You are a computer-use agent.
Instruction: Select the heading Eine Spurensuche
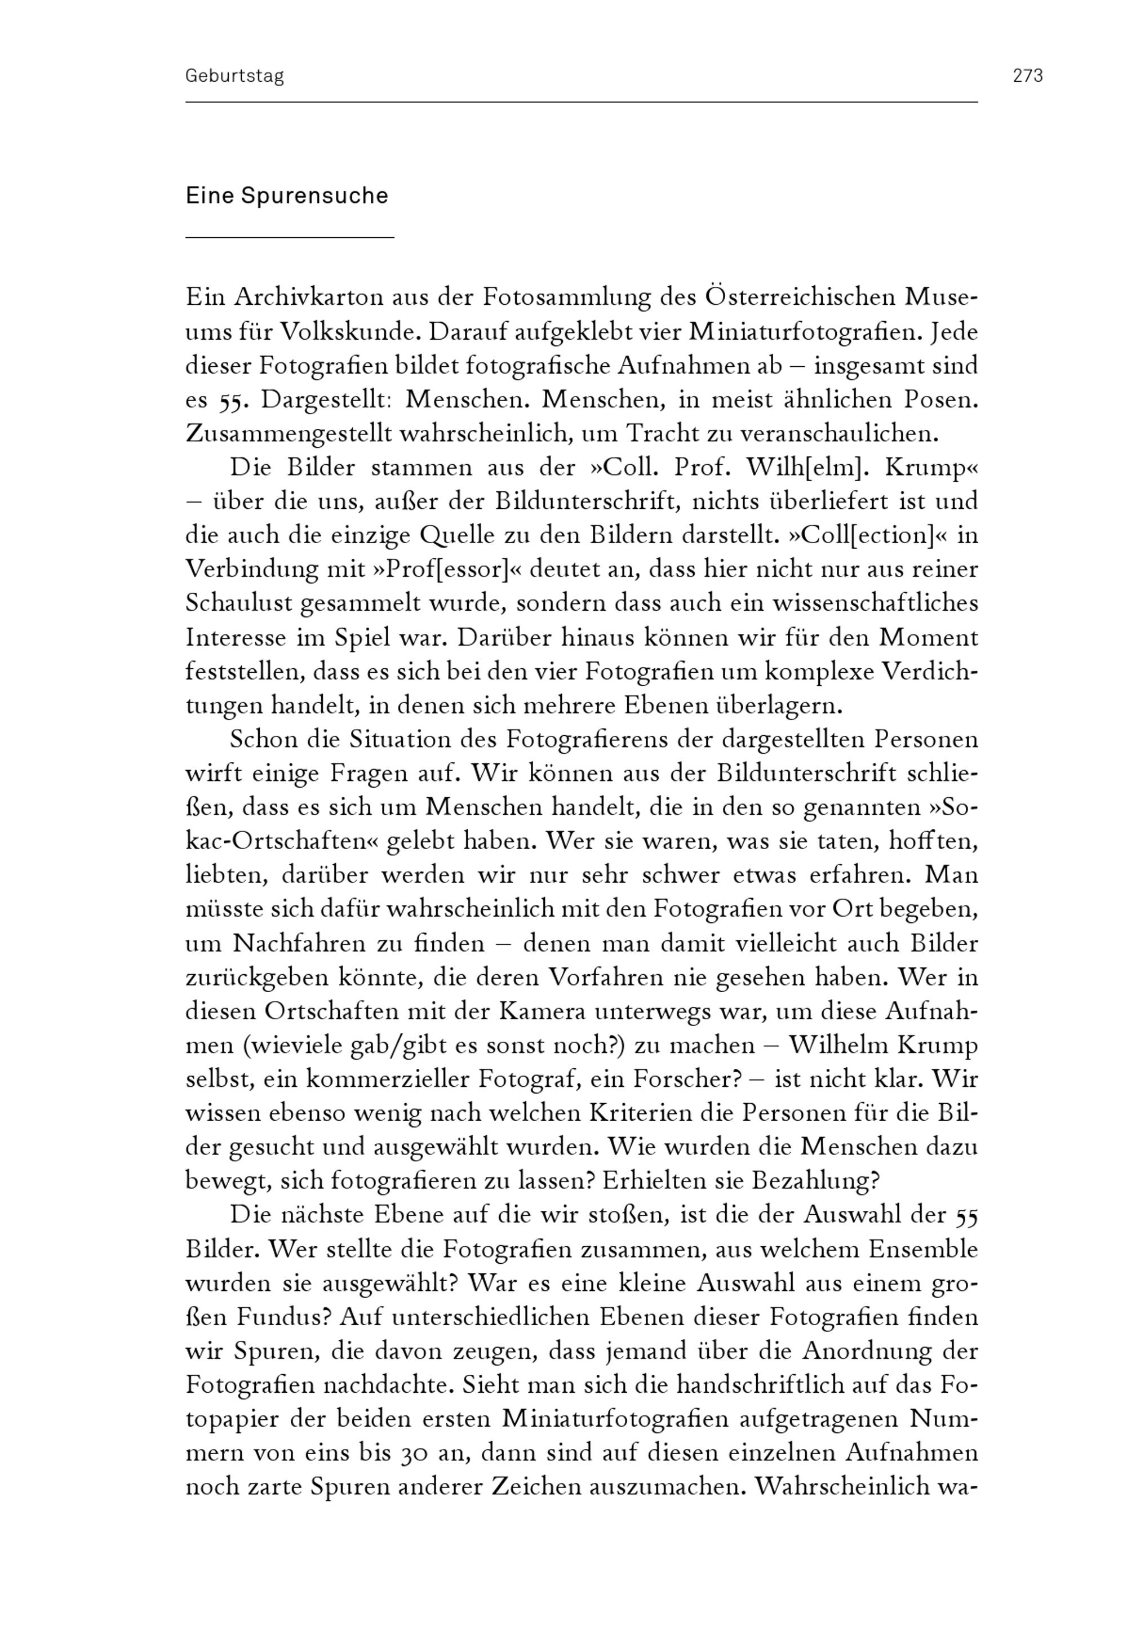point(287,196)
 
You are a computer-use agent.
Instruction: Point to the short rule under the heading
point(290,238)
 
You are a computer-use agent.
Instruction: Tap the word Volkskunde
point(351,332)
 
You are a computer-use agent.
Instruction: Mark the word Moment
point(928,637)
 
